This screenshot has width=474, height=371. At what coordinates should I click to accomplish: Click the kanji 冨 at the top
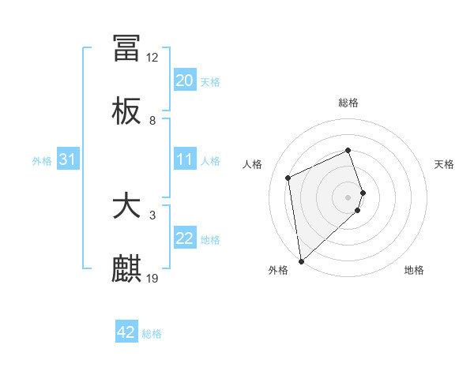[126, 48]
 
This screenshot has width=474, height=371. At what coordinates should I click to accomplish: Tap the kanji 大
[126, 206]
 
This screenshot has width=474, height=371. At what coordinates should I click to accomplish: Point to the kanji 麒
[126, 268]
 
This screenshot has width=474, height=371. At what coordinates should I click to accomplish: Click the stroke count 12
[152, 58]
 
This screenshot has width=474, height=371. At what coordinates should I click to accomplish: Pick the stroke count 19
[152, 278]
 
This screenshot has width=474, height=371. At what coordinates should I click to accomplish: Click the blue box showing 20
[184, 81]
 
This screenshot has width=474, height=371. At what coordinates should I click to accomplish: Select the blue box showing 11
[184, 159]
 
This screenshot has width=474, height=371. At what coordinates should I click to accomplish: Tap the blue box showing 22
[184, 238]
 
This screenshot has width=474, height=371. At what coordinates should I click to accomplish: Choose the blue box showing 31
[68, 159]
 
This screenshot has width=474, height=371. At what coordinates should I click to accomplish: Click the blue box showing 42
[126, 332]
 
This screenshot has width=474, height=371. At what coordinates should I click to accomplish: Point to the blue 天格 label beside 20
[210, 81]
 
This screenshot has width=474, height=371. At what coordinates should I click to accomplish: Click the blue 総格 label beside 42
[152, 333]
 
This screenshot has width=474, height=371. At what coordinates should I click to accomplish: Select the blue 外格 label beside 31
[42, 160]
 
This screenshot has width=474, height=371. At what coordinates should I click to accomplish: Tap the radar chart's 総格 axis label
[348, 103]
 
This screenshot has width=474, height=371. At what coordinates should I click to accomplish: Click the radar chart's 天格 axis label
[444, 164]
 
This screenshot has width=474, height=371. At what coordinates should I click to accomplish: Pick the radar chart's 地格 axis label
[414, 270]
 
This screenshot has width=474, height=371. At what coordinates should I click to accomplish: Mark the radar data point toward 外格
[301, 260]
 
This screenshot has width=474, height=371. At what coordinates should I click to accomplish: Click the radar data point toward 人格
[288, 177]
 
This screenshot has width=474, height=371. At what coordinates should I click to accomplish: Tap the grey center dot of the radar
[348, 197]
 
